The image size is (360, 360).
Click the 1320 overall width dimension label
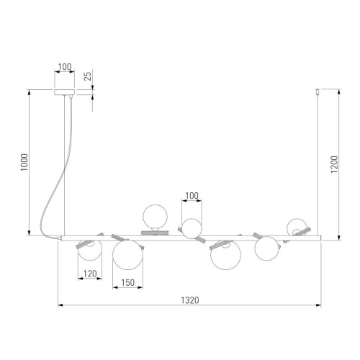(x=190, y=300)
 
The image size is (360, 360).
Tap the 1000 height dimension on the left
(x=24, y=162)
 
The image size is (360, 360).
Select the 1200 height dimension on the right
(x=334, y=164)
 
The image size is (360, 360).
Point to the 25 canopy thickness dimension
(x=89, y=76)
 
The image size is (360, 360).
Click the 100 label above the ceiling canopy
(x=65, y=67)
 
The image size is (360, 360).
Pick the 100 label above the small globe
(x=192, y=196)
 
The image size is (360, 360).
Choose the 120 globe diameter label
(x=90, y=274)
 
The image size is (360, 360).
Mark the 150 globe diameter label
(x=127, y=283)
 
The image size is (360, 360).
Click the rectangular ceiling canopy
(x=65, y=92)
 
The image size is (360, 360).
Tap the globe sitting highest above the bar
(x=155, y=216)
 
